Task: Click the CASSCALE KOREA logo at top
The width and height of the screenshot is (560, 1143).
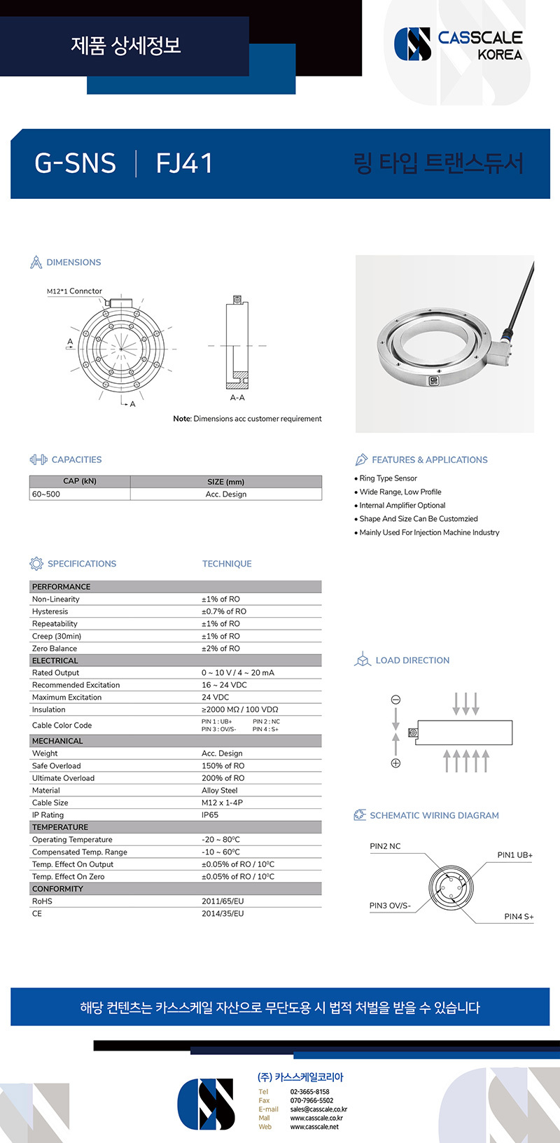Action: pos(458,45)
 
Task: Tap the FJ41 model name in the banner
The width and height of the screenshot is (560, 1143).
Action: pos(184,163)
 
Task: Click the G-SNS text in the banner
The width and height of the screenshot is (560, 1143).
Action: pos(75,163)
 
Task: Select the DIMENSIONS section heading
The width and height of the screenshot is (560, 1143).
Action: pos(73,262)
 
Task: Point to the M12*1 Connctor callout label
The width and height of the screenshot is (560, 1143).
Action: pos(74,291)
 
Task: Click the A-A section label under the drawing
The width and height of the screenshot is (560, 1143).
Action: pos(237,398)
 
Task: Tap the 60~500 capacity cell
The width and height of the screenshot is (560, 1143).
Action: pos(46,494)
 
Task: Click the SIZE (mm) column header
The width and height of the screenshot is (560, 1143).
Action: pos(225,482)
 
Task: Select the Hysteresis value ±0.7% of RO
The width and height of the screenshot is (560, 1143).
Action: pos(224,611)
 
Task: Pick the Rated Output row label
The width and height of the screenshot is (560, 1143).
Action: pos(55,673)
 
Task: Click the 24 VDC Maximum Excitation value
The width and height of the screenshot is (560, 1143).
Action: pos(215,698)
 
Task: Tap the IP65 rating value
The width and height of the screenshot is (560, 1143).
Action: pos(210,815)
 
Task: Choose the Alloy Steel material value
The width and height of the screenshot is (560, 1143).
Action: pos(219,791)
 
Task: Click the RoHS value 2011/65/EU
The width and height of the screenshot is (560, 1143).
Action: pos(223,901)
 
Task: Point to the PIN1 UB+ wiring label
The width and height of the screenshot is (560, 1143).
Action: pos(514,855)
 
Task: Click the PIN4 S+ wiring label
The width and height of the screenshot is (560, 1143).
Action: pos(519,917)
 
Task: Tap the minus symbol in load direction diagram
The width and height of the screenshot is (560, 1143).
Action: pos(395,700)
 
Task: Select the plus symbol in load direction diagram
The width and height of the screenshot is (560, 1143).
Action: pos(395,763)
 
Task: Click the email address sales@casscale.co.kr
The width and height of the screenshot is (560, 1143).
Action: pos(318,1109)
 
